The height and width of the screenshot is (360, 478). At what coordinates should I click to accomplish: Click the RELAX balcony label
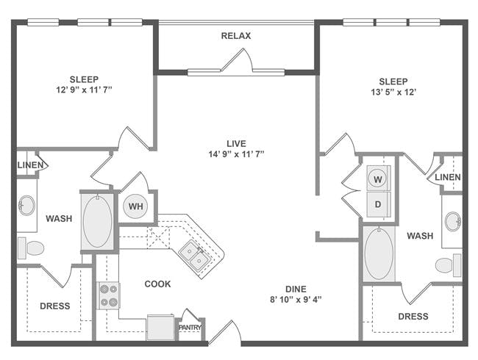tap(236, 36)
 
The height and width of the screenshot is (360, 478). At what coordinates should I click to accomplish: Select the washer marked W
tap(378, 179)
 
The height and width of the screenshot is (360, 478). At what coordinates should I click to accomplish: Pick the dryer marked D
tap(378, 204)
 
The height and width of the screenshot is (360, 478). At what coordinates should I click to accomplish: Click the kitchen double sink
tap(194, 255)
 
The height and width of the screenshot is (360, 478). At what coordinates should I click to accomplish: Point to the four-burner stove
tap(109, 295)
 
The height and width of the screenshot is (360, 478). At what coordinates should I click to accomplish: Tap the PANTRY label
tap(190, 328)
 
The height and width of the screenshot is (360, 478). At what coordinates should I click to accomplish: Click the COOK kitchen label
tap(157, 284)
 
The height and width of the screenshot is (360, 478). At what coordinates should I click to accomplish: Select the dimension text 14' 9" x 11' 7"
tap(236, 154)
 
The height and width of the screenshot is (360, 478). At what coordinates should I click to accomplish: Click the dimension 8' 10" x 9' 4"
tap(296, 300)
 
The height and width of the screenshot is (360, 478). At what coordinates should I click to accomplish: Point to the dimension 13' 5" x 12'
tap(393, 92)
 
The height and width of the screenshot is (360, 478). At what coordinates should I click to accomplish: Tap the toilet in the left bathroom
tap(31, 248)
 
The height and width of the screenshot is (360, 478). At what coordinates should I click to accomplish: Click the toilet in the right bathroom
tap(448, 265)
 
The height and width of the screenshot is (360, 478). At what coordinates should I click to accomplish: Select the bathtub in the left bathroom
tap(98, 221)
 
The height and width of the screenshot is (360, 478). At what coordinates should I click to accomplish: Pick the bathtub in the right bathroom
tap(379, 253)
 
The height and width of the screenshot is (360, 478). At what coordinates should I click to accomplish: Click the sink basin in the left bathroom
tap(26, 205)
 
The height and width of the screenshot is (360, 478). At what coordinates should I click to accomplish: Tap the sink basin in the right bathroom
tap(453, 221)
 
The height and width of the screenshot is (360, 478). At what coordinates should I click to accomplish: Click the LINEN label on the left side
tap(30, 165)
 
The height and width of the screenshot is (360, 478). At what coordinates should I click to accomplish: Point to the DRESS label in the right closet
tap(413, 317)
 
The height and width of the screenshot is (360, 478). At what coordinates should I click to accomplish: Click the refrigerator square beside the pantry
tap(160, 327)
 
